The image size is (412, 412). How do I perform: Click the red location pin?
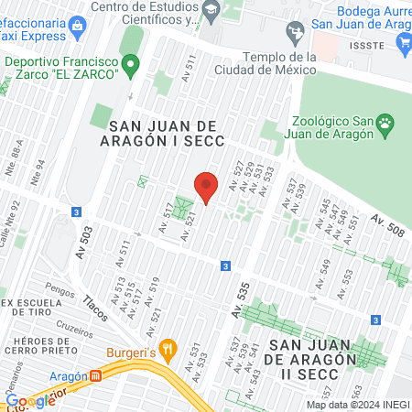click(206, 187)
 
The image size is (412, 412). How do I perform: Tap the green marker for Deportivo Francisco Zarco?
click(130, 64)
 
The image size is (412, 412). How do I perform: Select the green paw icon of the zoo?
click(386, 121)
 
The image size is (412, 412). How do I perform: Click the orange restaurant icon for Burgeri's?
click(167, 348)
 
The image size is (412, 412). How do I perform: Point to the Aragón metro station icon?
click(95, 376)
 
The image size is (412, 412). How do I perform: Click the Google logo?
click(30, 400)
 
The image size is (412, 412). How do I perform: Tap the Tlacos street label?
click(95, 306)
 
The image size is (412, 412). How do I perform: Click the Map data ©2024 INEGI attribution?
click(357, 405)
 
